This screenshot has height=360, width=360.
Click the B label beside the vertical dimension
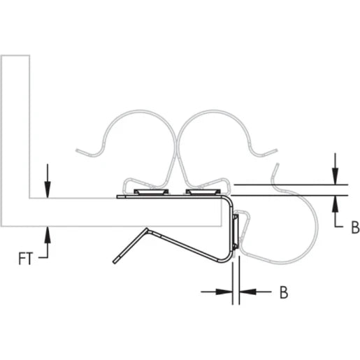click(x=354, y=227)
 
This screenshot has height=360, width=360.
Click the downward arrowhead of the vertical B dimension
click(x=336, y=178)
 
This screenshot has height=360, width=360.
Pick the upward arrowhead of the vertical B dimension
click(x=336, y=201)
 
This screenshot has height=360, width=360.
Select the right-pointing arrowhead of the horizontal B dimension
click(x=226, y=293)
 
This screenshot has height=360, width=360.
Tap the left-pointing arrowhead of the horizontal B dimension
click(x=245, y=293)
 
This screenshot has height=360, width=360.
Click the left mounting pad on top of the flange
click(x=151, y=191)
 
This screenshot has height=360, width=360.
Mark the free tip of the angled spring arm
click(x=115, y=263)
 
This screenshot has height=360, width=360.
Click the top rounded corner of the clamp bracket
click(x=229, y=201)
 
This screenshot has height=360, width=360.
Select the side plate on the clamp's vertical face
click(x=236, y=231)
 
